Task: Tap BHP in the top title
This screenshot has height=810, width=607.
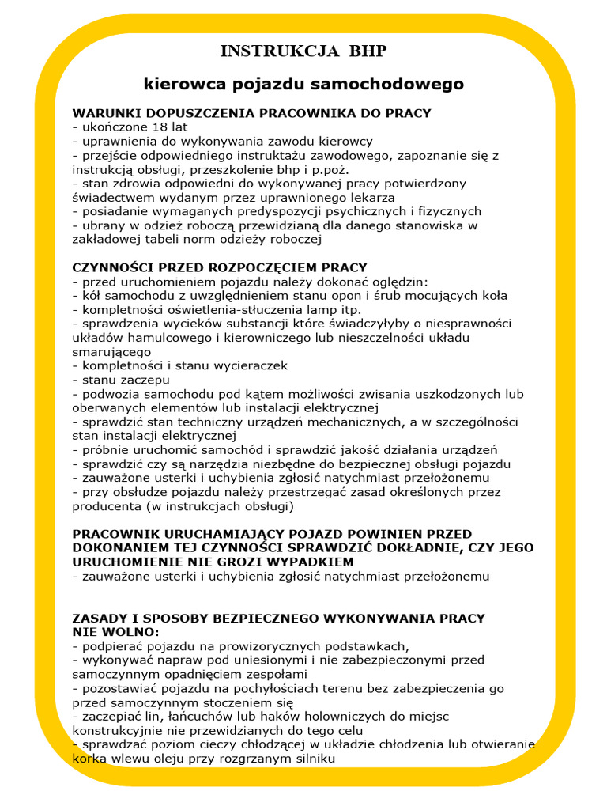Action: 366,52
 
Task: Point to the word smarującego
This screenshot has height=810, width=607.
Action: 111,352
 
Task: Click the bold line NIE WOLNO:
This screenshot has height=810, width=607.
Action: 115,632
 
